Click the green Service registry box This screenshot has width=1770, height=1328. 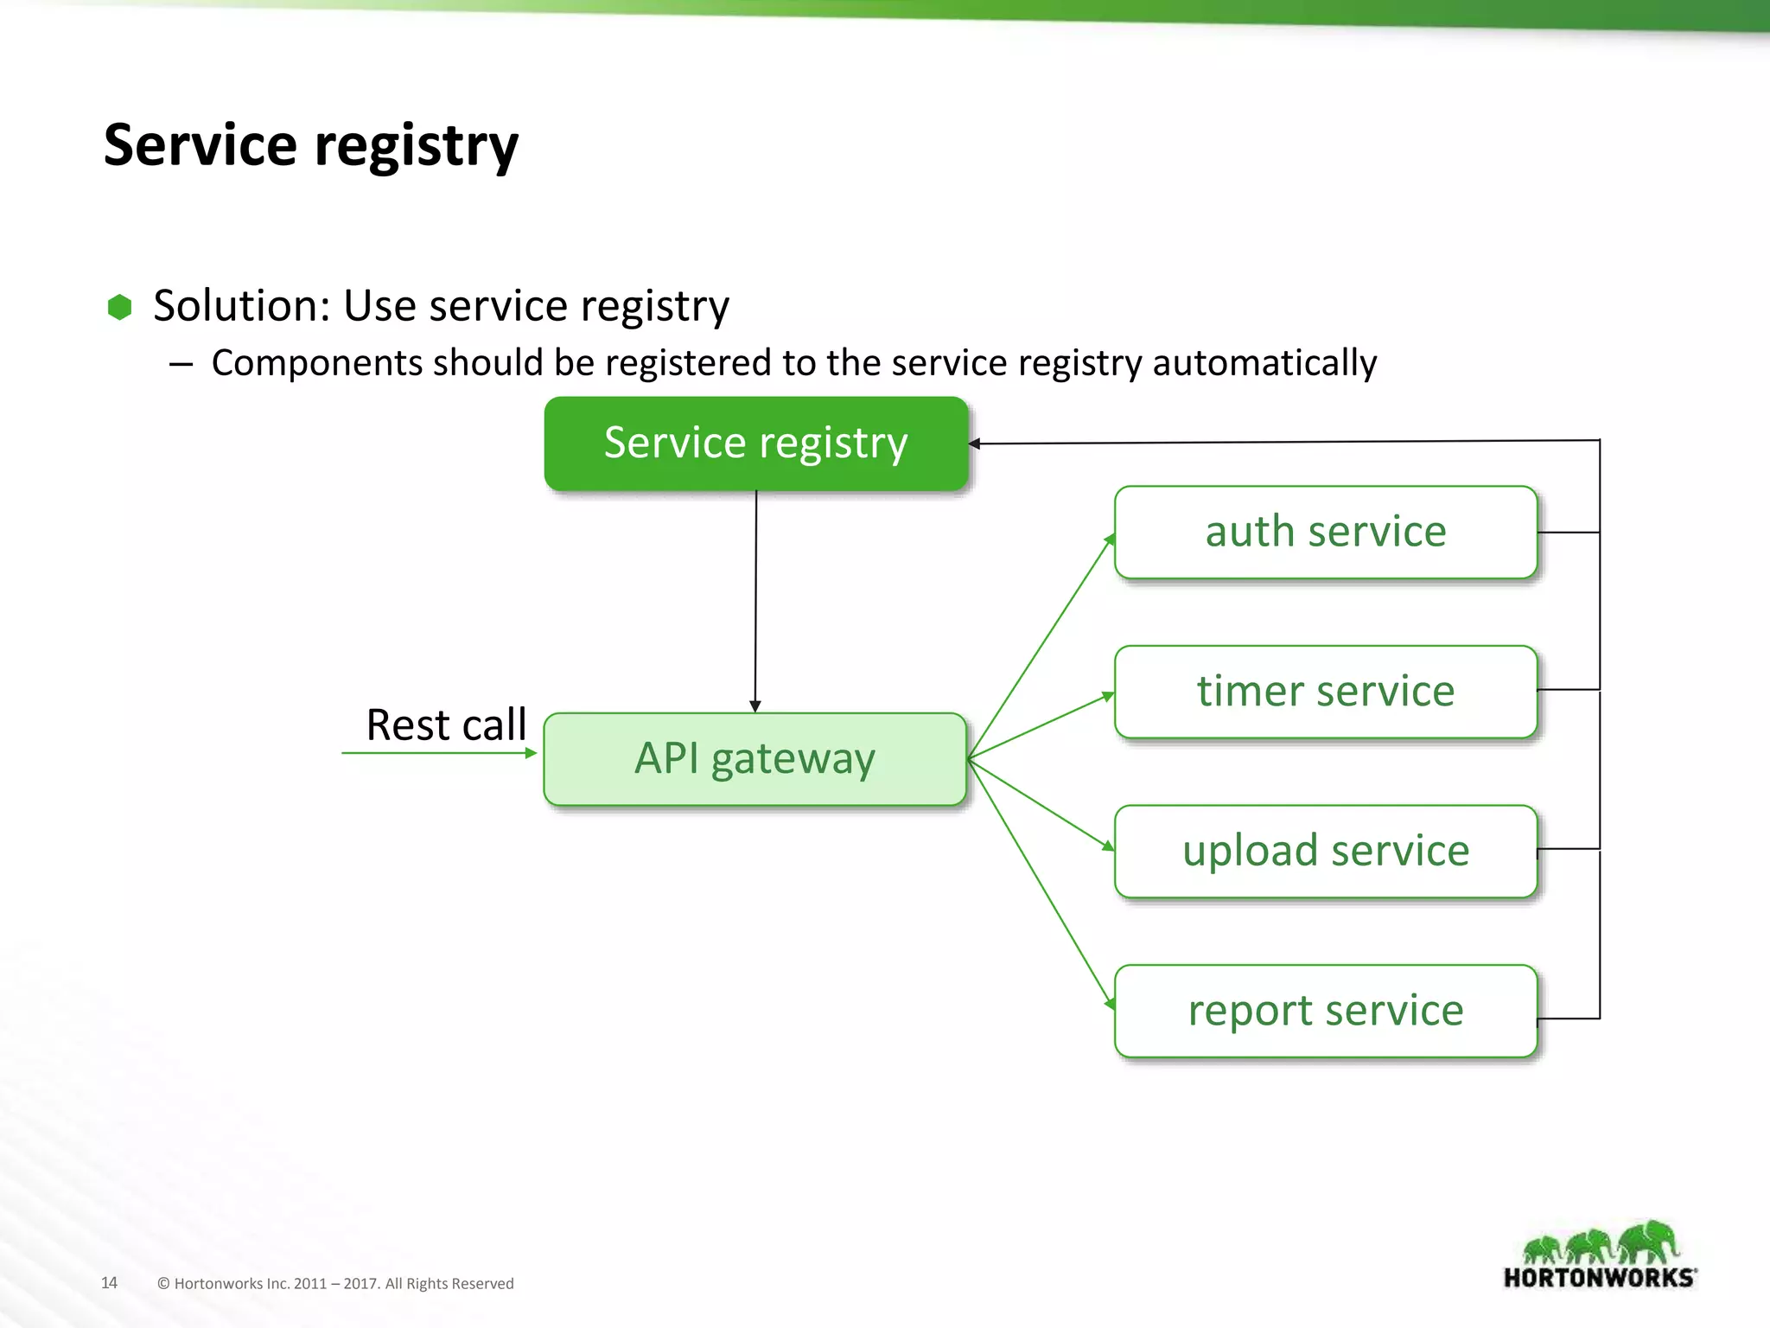[755, 444]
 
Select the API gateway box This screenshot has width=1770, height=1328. [754, 759]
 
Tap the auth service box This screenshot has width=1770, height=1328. [1325, 532]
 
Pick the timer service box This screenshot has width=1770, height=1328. [1325, 692]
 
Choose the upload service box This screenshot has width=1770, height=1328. [1325, 852]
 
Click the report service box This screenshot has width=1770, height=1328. [1325, 1011]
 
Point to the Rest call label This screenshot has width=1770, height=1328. [446, 725]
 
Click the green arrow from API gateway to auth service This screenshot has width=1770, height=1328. [1041, 647]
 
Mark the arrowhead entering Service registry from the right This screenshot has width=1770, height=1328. [975, 444]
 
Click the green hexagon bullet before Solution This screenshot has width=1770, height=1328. [119, 307]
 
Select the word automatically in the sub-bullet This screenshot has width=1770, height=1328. [1264, 363]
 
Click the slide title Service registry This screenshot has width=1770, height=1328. [310, 145]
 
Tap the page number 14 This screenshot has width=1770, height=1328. [109, 1282]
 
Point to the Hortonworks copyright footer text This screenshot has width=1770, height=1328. [335, 1283]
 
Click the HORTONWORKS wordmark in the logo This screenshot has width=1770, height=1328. [1600, 1278]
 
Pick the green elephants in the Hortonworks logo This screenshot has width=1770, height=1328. [1600, 1243]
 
